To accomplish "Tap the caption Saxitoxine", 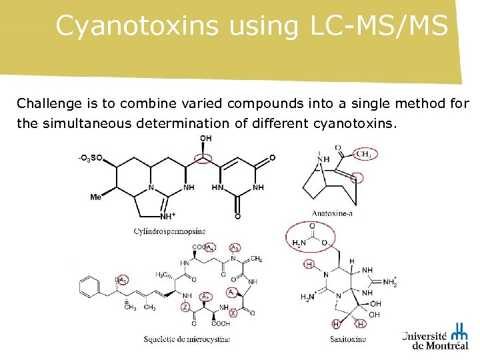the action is point(348,339).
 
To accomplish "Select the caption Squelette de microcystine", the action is point(187,339).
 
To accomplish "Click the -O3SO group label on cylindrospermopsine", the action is point(90,158).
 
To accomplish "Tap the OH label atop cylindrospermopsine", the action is point(205,139).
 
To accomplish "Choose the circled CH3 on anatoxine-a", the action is point(363,154).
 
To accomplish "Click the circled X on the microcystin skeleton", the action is point(233,312).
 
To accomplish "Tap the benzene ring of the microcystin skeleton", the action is point(87,289).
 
